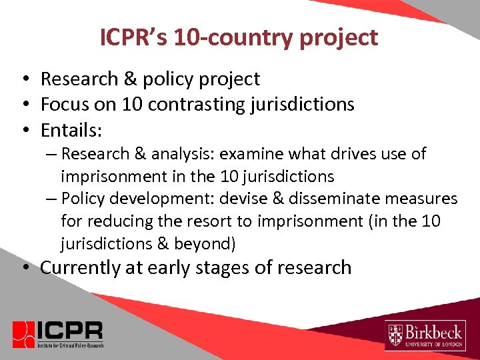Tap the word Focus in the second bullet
point(63,104)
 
